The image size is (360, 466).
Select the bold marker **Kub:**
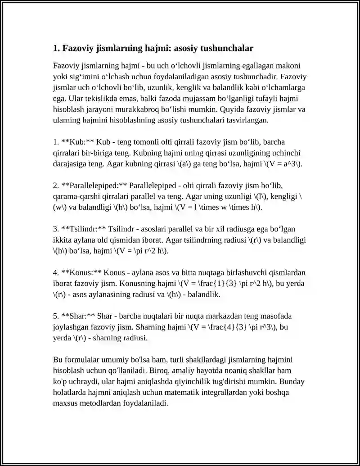tap(77, 142)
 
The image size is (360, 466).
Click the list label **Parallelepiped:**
tap(94, 185)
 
